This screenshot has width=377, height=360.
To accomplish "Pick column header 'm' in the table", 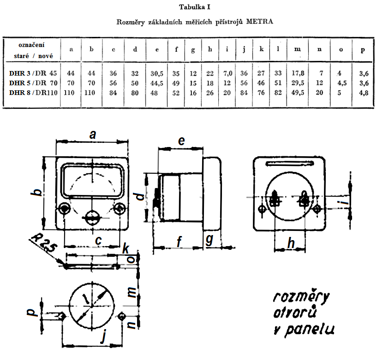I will point(298,49).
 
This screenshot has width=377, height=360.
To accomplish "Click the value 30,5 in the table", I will point(157,72).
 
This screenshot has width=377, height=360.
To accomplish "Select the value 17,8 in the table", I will point(298,72).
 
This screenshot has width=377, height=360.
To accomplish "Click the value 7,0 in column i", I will point(227,72).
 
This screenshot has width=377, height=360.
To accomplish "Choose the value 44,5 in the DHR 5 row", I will point(157,82).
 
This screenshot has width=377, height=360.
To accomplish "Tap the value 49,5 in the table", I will point(298,92).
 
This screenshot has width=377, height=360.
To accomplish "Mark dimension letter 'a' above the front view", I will point(93,134).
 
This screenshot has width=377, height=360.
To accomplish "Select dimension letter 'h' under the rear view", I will point(291,244).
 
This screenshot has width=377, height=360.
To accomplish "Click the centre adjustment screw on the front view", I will point(91,216).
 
